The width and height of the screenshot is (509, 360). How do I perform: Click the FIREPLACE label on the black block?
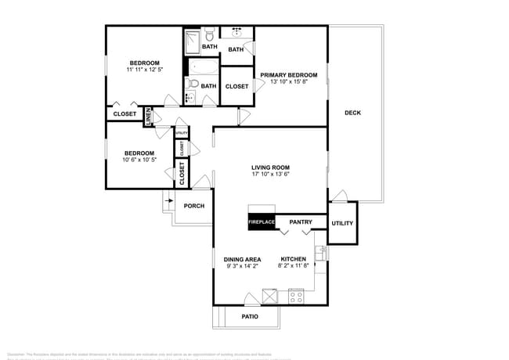click(x=262, y=222)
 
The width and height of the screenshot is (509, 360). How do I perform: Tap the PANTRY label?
click(x=301, y=222)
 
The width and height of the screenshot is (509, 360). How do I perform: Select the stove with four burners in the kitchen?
click(x=296, y=296)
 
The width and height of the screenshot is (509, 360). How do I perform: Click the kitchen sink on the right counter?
click(x=319, y=254)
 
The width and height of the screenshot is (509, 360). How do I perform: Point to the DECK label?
click(x=352, y=113)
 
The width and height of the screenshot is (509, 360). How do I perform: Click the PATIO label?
click(x=250, y=317)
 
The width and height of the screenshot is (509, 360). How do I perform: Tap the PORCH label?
click(x=193, y=207)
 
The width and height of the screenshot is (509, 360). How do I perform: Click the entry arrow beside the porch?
click(x=169, y=201)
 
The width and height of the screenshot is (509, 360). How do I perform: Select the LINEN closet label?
click(x=147, y=114)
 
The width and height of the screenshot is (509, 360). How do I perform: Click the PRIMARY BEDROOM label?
click(x=288, y=75)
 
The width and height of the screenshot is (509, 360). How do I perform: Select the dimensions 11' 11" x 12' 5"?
click(x=145, y=70)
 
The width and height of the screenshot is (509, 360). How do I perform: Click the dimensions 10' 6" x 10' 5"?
click(x=139, y=160)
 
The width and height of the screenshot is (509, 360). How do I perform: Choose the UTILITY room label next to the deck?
click(x=342, y=223)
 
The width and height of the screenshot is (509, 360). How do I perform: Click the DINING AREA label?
click(x=243, y=259)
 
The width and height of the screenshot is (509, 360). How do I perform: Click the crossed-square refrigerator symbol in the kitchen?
click(x=269, y=296)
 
